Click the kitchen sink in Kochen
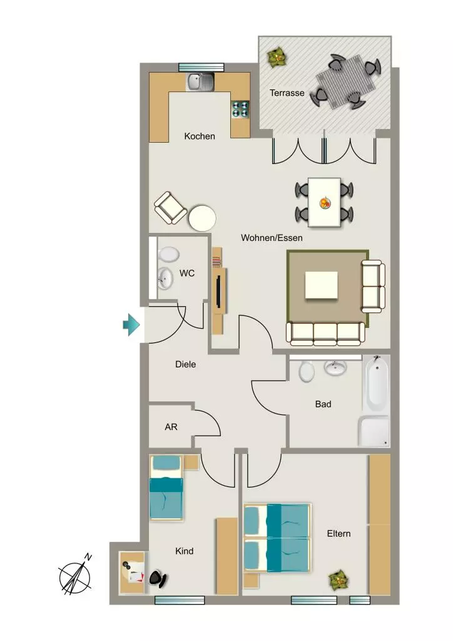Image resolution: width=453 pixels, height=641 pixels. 200,82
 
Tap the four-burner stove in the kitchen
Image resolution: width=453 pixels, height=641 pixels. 241,109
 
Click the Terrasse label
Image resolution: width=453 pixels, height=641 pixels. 287,93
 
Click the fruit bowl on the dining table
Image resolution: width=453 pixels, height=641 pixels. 325,202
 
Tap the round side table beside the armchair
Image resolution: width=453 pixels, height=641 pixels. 202,218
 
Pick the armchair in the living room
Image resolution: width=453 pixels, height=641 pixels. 171,208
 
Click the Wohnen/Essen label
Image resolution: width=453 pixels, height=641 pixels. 272,237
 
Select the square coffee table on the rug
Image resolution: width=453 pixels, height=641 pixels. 322,285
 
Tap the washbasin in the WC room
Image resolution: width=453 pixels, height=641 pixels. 165,278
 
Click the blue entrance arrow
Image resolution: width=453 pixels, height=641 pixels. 131,325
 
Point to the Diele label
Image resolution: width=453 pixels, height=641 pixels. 185,364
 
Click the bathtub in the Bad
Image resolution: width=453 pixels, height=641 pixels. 376,384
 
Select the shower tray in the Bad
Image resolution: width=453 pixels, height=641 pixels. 374,431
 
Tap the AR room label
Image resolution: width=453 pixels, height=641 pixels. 171,427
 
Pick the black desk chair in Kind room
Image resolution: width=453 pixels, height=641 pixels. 158,578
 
